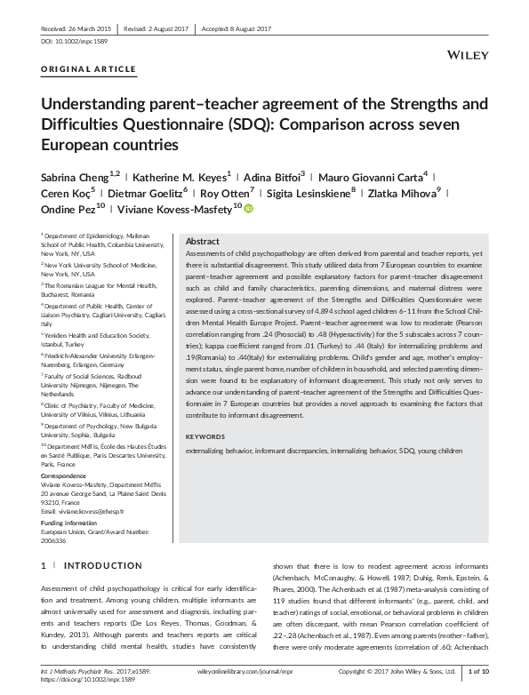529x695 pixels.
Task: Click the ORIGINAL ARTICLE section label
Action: coord(89,68)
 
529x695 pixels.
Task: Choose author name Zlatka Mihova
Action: coord(407,192)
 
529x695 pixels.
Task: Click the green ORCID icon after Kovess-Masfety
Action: coord(249,209)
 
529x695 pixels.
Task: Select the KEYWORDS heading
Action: coord(205,437)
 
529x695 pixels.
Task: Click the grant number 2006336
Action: coord(56,539)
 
